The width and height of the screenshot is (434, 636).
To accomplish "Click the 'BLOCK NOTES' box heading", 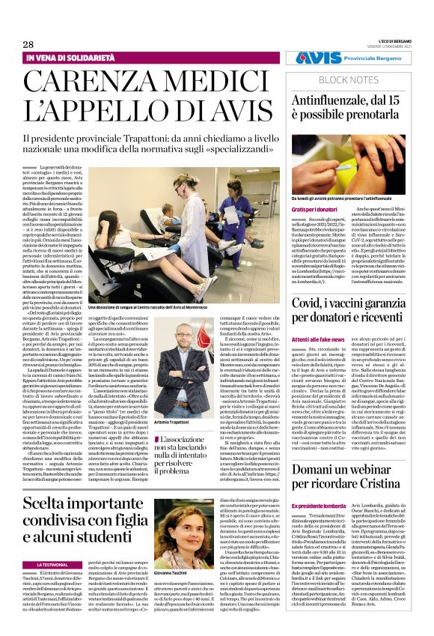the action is click(x=345, y=79).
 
